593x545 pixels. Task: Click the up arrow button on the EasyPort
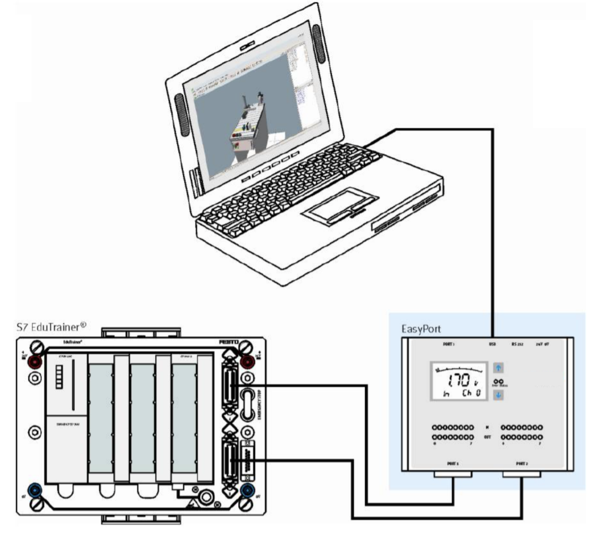point(499,368)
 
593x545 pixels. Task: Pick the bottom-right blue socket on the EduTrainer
point(246,491)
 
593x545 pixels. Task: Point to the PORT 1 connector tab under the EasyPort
point(453,475)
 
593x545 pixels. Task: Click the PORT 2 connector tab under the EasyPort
point(522,475)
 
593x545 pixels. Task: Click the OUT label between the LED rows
point(487,437)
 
